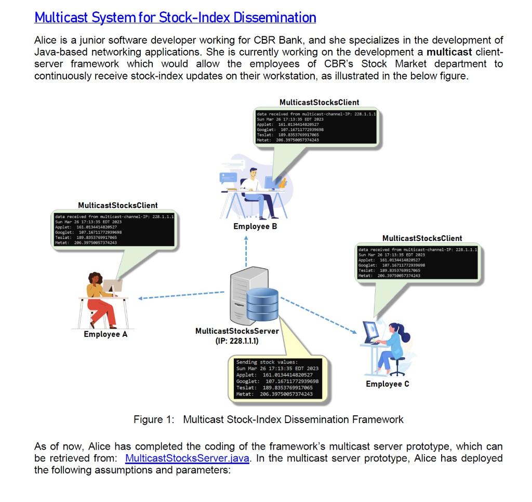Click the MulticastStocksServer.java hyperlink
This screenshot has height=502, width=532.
click(x=191, y=458)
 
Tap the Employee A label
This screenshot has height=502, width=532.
click(x=105, y=334)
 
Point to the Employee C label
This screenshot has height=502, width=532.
click(x=387, y=384)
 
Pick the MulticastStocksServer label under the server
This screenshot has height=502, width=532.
click(x=237, y=331)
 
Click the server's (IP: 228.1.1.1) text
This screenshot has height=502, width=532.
click(x=237, y=341)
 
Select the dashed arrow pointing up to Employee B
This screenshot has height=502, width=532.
click(x=246, y=252)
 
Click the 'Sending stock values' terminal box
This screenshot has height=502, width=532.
click(x=276, y=378)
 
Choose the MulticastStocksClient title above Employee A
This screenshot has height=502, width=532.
click(x=118, y=206)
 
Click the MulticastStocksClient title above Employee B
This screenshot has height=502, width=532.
click(x=319, y=102)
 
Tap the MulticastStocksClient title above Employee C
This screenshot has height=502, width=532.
click(x=422, y=238)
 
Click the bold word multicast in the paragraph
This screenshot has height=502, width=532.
click(x=449, y=52)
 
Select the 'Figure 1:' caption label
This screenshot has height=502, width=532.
click(x=153, y=419)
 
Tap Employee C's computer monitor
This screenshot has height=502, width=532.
click(x=371, y=330)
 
